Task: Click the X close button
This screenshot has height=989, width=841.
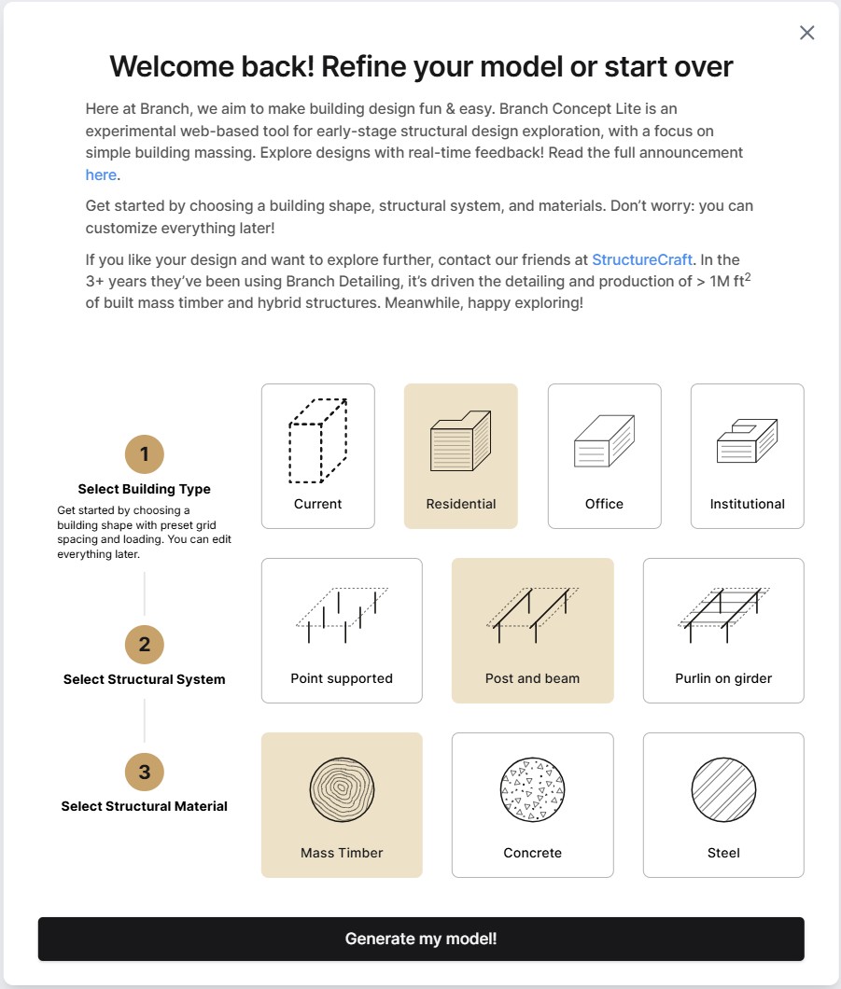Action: (807, 33)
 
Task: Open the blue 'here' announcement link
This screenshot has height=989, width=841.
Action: (101, 174)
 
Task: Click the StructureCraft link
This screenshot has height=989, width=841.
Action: (642, 259)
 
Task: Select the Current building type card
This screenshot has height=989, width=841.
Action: (318, 456)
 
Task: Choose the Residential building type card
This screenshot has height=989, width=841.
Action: (461, 456)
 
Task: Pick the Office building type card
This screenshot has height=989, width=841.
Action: (604, 456)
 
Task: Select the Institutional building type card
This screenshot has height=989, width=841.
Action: (747, 456)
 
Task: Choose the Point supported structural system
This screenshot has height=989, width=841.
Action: (342, 631)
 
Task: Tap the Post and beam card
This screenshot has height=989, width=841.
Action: (533, 631)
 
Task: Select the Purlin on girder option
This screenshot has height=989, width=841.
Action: (723, 631)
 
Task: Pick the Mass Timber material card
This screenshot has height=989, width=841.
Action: (342, 805)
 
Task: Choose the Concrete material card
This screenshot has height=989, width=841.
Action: (533, 805)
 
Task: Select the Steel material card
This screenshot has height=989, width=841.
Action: (723, 805)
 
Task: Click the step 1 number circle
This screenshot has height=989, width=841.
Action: (145, 454)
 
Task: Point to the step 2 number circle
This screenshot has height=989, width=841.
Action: (145, 645)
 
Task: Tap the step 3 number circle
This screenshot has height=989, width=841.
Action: (145, 772)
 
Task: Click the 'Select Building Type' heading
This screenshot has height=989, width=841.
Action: (145, 489)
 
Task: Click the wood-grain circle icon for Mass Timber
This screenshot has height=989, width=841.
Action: (342, 789)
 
